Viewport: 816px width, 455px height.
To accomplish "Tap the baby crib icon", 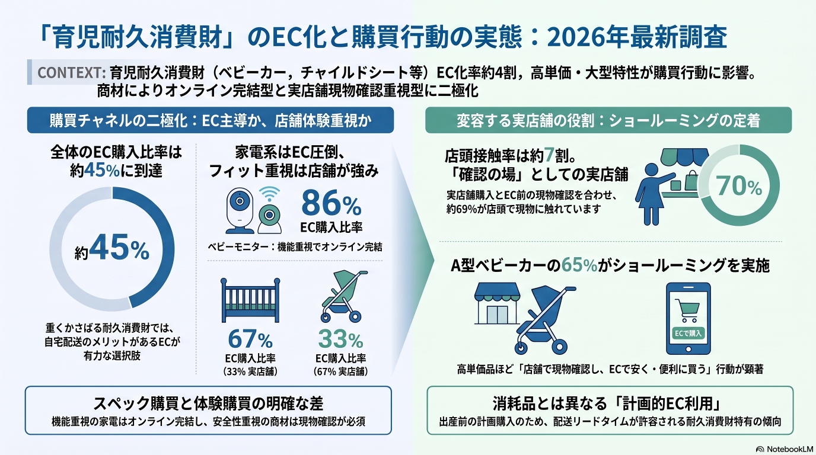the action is tap(250, 300).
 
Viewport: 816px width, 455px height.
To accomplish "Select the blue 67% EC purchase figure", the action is tap(250, 339).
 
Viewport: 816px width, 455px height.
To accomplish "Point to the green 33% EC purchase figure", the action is tap(340, 339).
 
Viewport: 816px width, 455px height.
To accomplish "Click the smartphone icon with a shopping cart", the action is tap(688, 319).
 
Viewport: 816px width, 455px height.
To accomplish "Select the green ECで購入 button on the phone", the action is tap(688, 333).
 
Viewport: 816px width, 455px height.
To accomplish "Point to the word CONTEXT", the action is tap(71, 72).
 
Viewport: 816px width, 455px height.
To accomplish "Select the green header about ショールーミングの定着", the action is tap(608, 120).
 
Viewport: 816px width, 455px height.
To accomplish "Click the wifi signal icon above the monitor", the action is tap(269, 194).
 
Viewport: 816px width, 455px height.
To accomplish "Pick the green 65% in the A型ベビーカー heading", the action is tap(579, 265).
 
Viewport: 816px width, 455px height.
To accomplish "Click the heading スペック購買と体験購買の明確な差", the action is tap(208, 403).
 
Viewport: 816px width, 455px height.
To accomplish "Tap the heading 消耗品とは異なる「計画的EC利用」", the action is tap(608, 403).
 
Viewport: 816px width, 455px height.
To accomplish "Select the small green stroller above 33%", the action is tap(344, 296).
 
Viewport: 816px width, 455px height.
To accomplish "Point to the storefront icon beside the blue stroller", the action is tap(497, 303).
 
